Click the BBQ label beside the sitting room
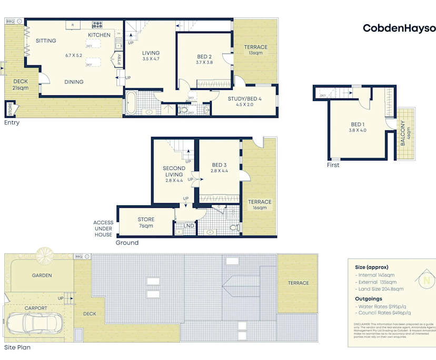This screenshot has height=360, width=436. [x=10, y=21]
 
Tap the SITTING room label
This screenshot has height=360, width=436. [x=46, y=41]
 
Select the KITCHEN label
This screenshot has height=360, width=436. [x=99, y=35]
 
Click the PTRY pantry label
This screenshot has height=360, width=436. [x=120, y=58]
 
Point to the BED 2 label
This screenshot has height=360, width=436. [x=204, y=56]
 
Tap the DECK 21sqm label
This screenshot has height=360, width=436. [x=21, y=84]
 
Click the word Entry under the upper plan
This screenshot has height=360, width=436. [x=12, y=123]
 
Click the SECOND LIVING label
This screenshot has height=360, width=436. [x=173, y=172]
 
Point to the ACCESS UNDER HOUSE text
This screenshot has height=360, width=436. [x=103, y=228]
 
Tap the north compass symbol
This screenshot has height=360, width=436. [x=426, y=280]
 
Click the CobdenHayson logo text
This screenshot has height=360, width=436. [x=399, y=28]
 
